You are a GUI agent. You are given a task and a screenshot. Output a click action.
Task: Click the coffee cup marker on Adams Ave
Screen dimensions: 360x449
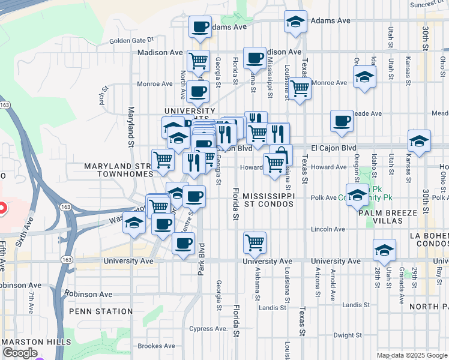(200, 26)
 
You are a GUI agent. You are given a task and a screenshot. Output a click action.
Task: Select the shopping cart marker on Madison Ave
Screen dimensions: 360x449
(198, 61)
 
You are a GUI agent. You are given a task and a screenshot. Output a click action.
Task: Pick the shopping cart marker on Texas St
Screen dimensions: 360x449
(300, 88)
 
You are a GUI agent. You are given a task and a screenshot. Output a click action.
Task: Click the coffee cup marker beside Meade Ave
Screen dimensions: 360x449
(342, 121)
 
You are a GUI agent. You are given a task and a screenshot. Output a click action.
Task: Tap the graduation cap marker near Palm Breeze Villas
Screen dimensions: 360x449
(358, 195)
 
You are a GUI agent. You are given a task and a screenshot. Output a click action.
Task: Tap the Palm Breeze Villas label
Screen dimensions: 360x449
(381, 217)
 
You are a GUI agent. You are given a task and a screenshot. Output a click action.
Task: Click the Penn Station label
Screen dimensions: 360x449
(101, 311)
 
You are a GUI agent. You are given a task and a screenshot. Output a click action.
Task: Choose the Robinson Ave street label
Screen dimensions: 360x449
(89, 295)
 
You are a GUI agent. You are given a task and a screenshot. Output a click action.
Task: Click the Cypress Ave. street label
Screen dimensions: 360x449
(208, 329)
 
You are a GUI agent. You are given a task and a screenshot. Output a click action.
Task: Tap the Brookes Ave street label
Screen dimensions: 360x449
(156, 346)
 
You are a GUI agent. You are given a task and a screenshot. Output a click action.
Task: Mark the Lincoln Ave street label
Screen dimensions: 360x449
(328, 229)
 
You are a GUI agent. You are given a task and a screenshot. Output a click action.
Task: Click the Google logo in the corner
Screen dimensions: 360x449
(19, 353)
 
